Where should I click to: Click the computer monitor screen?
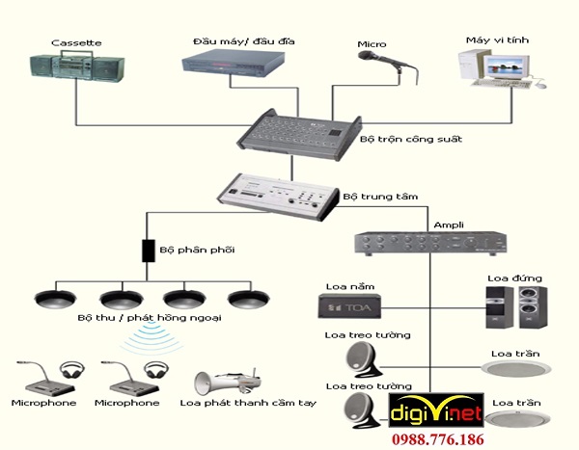point(504,67)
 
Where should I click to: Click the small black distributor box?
point(148,251)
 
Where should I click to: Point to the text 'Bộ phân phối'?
point(197,250)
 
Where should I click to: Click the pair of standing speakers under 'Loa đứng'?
point(516,306)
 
